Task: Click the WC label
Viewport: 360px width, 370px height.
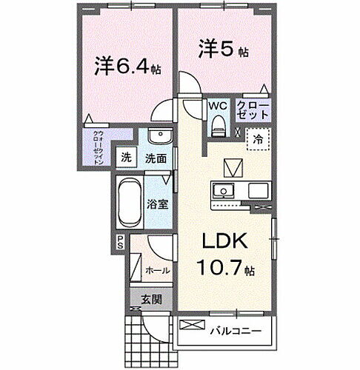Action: coord(216,106)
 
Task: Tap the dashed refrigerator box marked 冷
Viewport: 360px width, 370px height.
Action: coord(258,138)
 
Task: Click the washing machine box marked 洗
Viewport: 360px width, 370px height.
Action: coord(127,157)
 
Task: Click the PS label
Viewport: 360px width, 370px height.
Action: coord(120,242)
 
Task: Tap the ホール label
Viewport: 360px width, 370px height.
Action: coord(156,272)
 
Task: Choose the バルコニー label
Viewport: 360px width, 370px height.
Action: coord(238,329)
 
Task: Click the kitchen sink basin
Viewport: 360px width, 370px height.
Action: coord(224,191)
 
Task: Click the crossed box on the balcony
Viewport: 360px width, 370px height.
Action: coord(190,325)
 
